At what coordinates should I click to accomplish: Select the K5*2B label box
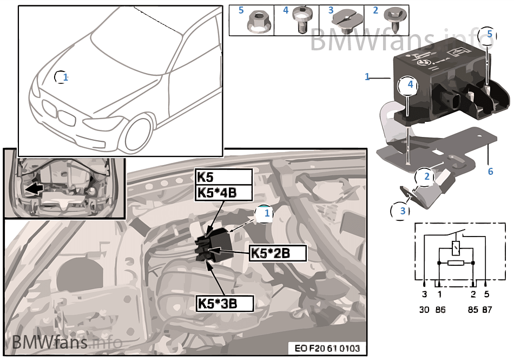277,253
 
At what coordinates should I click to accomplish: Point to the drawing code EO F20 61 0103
326,348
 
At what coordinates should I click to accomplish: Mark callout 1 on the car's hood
64,77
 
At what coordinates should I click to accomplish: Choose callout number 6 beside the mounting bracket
490,172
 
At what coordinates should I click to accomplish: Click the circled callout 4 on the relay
410,85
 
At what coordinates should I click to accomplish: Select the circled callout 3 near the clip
402,211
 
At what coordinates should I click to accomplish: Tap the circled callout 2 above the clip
426,177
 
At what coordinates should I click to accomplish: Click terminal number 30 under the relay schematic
424,310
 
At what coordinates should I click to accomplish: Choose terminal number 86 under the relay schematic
440,310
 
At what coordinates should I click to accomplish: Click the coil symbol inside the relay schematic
456,250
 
